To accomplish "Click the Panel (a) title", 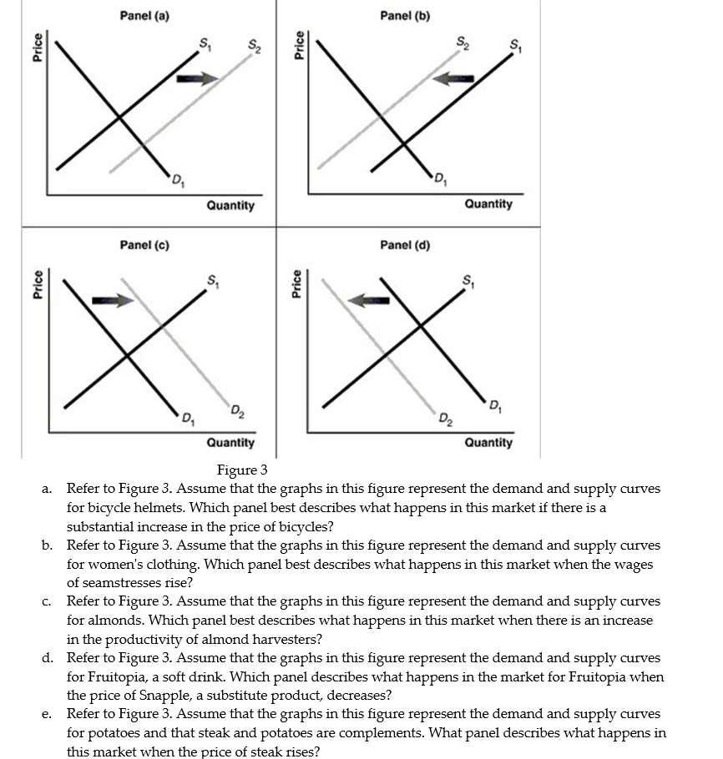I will coord(144,16).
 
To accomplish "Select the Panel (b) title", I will coord(405,16).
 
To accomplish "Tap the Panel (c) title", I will coord(144,245).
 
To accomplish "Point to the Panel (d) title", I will coord(405,245).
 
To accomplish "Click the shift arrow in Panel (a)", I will coord(197,78).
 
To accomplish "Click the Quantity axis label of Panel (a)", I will coord(230,205).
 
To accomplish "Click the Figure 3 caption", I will coord(242,471).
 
